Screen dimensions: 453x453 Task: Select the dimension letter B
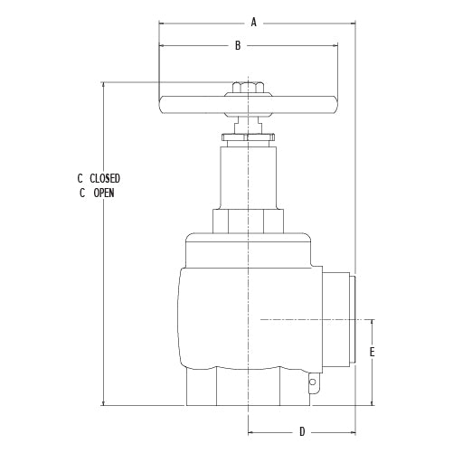[x=237, y=44]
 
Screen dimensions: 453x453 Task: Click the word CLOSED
[x=105, y=179]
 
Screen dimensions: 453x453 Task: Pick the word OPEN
[x=105, y=193]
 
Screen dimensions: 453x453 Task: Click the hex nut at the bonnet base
[x=247, y=221]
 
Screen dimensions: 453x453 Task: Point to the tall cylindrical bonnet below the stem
[x=246, y=176]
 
